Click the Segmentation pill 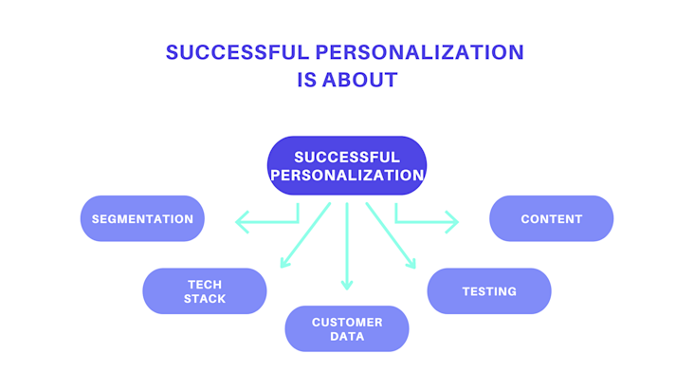click(x=142, y=218)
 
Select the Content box click(x=551, y=218)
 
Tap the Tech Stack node click(x=205, y=291)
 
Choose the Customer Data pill click(x=347, y=328)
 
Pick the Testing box click(x=489, y=291)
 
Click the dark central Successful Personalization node click(x=347, y=166)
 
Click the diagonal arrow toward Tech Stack click(x=305, y=235)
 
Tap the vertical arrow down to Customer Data click(x=347, y=246)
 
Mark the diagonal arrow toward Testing click(x=391, y=235)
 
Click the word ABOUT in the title click(x=360, y=80)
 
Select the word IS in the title click(x=307, y=80)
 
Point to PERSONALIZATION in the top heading click(x=420, y=52)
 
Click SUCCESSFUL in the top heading click(x=237, y=52)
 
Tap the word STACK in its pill click(x=205, y=299)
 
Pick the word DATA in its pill click(x=347, y=337)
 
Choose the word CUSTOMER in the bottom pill click(x=347, y=323)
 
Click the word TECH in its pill click(x=205, y=285)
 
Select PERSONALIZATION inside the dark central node click(x=347, y=176)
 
